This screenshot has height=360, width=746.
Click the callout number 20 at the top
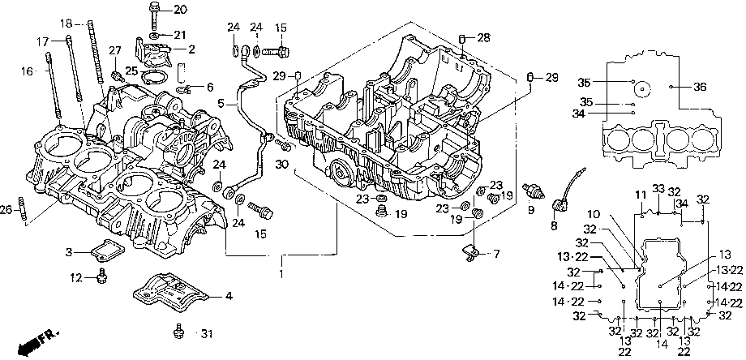(168, 9)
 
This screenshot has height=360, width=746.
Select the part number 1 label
(281, 274)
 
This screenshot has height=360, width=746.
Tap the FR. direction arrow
(38, 342)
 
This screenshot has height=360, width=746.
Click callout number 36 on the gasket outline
(692, 87)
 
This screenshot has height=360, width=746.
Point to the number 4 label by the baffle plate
(229, 296)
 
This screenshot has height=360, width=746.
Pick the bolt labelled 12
(101, 276)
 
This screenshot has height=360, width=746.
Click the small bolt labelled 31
(178, 331)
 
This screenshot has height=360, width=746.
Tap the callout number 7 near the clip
(497, 254)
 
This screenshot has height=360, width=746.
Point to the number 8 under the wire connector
(554, 226)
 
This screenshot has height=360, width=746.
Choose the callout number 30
(281, 164)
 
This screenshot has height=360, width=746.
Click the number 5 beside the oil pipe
(221, 102)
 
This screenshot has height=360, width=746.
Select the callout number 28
(484, 37)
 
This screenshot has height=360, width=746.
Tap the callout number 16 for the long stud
(28, 71)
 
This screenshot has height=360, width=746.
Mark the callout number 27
(116, 50)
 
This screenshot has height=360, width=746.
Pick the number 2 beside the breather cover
(191, 49)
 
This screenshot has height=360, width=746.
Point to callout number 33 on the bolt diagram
(658, 189)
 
